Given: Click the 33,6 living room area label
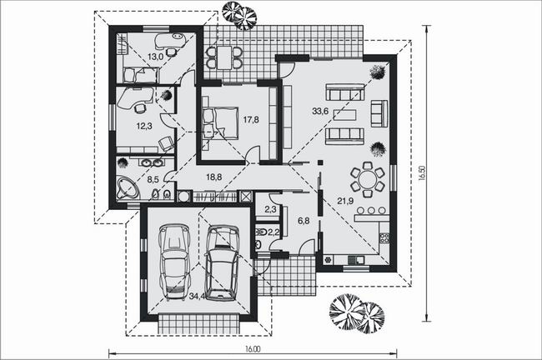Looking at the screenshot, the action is (320, 111).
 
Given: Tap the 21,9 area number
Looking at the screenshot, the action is (345, 200).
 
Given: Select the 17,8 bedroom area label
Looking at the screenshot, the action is (251, 120).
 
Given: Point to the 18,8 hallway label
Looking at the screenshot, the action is (214, 177).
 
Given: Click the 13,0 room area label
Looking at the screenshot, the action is (155, 57).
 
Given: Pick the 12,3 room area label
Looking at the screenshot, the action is (144, 126).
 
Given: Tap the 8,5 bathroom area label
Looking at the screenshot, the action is (153, 179).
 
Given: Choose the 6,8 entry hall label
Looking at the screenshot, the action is (304, 221).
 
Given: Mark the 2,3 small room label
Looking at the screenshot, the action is (270, 209).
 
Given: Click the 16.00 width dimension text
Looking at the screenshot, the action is (253, 349).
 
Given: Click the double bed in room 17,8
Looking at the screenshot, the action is (221, 123).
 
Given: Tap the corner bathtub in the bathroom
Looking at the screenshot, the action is (128, 187).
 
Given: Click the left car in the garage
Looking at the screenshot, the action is (175, 262).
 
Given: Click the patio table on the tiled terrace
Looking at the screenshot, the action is (224, 57).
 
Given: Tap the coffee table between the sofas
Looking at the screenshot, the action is (344, 114).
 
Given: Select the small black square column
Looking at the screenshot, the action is (320, 162).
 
